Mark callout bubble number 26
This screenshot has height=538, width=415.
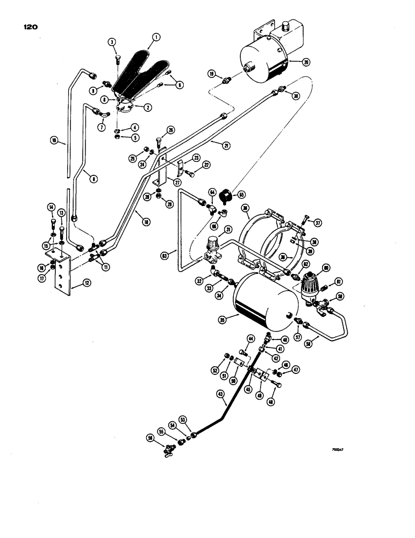(170, 130)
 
